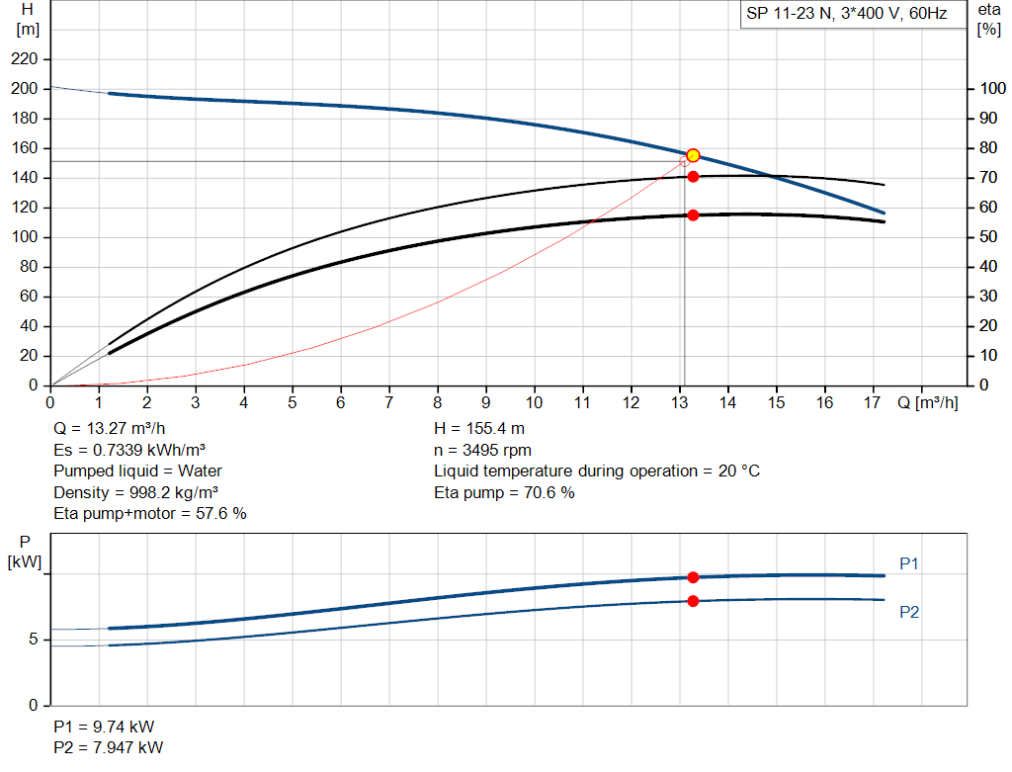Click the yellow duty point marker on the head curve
click(x=693, y=155)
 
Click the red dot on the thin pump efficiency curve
click(x=693, y=177)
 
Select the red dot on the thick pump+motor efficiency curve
click(x=693, y=214)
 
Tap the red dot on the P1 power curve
click(x=693, y=577)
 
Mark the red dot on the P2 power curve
click(x=693, y=601)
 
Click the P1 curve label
click(x=909, y=563)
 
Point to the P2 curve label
click(x=909, y=612)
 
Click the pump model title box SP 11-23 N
click(x=853, y=14)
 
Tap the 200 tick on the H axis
click(x=24, y=88)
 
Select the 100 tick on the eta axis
click(x=992, y=88)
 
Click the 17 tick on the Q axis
click(x=872, y=402)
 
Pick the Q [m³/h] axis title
click(x=927, y=402)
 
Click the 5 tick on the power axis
click(x=33, y=639)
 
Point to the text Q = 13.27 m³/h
click(x=109, y=429)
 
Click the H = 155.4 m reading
click(x=479, y=429)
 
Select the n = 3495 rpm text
click(x=482, y=450)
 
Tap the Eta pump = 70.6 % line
click(x=504, y=492)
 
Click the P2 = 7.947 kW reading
click(x=109, y=747)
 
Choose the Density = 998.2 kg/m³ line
click(x=135, y=492)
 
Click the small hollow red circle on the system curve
click(x=684, y=161)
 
